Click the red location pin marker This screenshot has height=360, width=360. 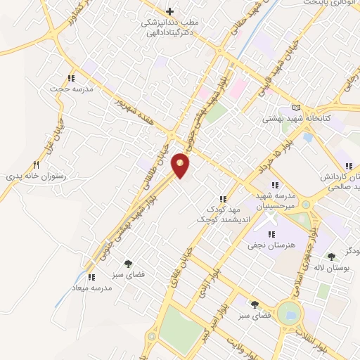pos(181,166)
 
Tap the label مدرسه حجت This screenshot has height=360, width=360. pos(65,89)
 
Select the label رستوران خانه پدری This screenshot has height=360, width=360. pos(40,178)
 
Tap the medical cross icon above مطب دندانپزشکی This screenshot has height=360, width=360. pos(169,11)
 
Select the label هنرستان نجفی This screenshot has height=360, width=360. pos(264,245)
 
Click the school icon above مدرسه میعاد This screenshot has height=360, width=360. pos(91,277)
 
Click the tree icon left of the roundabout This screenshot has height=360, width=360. pos(254,304)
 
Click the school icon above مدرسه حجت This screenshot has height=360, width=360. pos(70,78)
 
